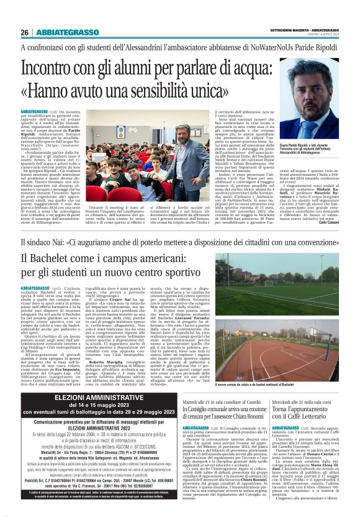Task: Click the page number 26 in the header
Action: coord(24,32)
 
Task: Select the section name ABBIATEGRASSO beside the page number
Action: coord(61,32)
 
